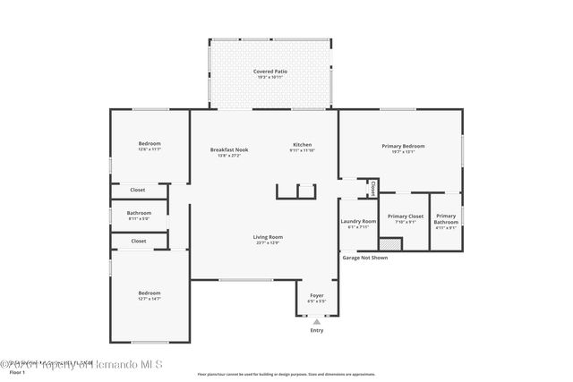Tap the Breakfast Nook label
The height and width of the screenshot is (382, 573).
tap(229, 149)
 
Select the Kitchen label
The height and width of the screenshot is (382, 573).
tap(302, 146)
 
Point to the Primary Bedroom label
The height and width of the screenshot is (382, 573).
tap(403, 146)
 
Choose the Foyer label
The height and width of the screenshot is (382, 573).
tap(317, 295)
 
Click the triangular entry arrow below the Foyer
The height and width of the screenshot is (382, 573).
tap(317, 320)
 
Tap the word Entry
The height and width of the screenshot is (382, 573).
tap(317, 330)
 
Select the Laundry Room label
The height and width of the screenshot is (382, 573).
tap(357, 221)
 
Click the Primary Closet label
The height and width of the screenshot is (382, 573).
tap(405, 216)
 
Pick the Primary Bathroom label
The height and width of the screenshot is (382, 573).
tap(445, 218)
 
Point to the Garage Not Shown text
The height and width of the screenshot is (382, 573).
tap(365, 258)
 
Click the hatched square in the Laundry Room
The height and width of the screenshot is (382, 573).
tap(389, 244)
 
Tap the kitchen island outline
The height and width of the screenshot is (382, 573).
tap(296, 191)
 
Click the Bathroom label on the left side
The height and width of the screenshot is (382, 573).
tap(139, 213)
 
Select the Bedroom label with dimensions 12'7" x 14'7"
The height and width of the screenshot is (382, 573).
tap(150, 293)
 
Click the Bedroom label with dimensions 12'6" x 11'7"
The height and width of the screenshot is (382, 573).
tap(150, 144)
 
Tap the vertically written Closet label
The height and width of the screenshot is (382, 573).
tap(373, 189)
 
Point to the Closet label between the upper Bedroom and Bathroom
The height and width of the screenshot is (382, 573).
tap(138, 190)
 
